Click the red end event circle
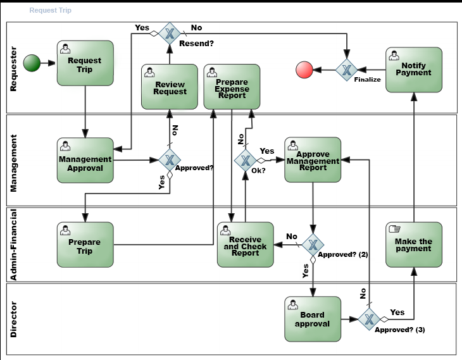point(304,70)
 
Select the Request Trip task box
point(85,63)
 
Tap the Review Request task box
point(169,86)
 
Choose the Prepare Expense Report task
point(232,86)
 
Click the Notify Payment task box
point(413,70)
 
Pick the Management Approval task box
point(85,160)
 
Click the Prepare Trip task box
point(85,244)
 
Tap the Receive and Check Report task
point(245,244)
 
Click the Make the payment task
point(413,244)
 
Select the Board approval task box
point(313,320)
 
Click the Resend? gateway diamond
point(169,33)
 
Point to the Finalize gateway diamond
point(347,70)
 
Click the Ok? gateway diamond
point(245,160)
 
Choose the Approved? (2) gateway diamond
point(313,244)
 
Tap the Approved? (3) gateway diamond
point(370,320)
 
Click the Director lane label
point(13,320)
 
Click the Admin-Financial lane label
point(13,244)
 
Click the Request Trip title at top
point(51,11)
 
